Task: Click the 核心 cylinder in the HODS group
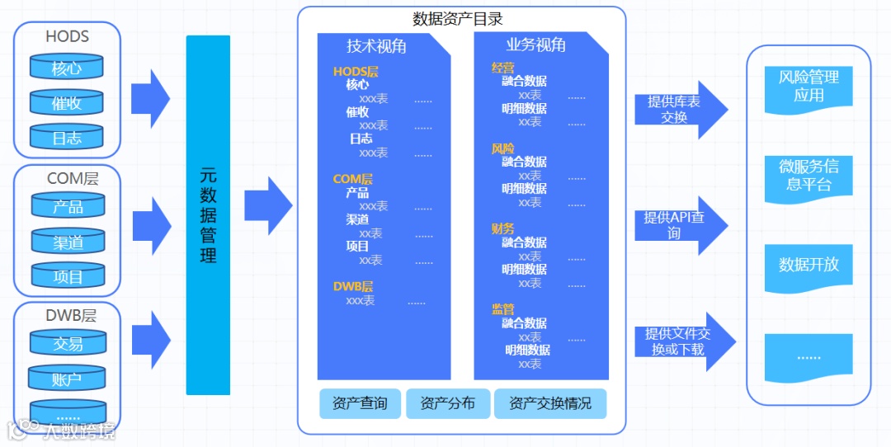67,68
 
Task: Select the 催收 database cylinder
67,104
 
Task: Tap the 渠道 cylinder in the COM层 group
68,242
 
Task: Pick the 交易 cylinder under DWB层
68,344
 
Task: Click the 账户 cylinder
67,379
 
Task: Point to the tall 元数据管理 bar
208,214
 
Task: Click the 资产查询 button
360,404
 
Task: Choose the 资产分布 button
447,404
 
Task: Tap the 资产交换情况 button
549,404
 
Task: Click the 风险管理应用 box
808,87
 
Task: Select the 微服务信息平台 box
808,175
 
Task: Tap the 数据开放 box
808,265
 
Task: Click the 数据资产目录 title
458,18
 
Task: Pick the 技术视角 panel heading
376,46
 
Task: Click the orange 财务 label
502,228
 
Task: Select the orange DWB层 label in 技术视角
353,287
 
